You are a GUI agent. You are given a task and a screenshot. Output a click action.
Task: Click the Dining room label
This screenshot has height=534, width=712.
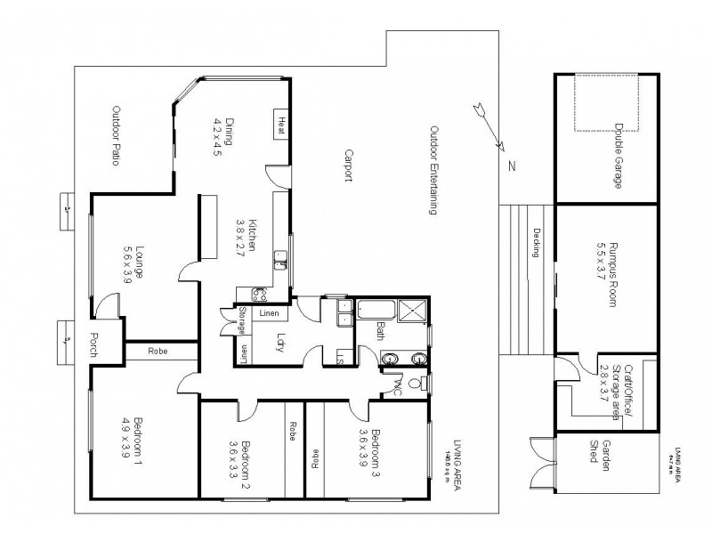[x=222, y=137]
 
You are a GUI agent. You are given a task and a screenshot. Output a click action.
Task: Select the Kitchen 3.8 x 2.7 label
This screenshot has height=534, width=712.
[x=246, y=237]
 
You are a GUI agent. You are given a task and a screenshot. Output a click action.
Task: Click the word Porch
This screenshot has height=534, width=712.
[x=93, y=343]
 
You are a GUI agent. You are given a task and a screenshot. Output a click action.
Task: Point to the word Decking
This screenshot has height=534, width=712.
[x=538, y=242]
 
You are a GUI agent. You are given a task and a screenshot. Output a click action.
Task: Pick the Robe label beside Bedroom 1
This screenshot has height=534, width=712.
[x=158, y=351]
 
